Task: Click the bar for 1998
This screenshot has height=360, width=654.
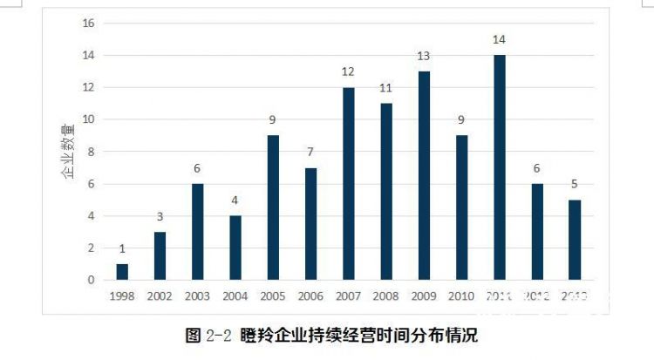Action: coord(122,272)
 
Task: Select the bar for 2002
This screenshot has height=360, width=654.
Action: coord(160,256)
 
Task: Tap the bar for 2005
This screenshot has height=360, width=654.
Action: coord(273,207)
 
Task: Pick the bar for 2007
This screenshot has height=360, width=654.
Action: coord(348,183)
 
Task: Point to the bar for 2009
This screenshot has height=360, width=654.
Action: coord(424,175)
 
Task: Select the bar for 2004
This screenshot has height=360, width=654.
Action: coord(235,248)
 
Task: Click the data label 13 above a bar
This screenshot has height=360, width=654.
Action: coord(424,56)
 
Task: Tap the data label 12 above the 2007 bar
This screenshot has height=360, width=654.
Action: coord(348,71)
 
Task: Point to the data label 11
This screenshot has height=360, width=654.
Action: coord(386,88)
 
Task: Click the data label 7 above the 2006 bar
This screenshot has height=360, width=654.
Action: coord(310,153)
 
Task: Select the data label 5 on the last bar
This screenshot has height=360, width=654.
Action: coord(575,185)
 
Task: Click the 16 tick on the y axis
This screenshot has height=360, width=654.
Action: coord(88,24)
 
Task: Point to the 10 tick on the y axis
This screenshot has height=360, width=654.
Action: coord(88,119)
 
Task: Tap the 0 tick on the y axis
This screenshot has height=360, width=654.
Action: coord(91,281)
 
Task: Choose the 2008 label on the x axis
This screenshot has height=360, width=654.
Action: coord(386,296)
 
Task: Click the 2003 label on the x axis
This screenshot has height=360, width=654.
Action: coord(197,296)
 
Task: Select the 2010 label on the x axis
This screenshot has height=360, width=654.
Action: coord(461,296)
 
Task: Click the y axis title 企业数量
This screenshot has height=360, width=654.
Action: coord(67,152)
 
